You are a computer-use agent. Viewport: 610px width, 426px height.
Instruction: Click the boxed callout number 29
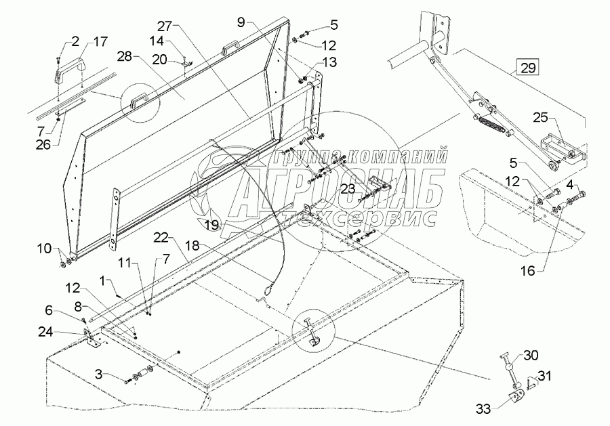527,67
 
